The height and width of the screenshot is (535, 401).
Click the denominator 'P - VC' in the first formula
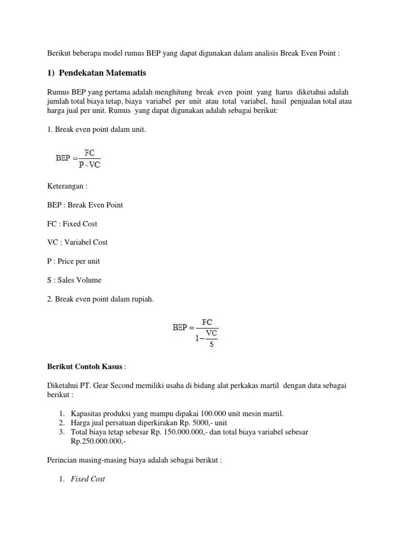coord(89,166)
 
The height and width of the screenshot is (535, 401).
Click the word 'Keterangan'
coord(67,186)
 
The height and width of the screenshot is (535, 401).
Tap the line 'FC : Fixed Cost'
coord(72,224)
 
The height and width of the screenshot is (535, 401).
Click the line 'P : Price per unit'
coord(73,261)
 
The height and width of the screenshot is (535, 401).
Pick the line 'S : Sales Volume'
coord(74,280)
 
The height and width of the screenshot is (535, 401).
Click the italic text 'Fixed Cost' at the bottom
coord(88,479)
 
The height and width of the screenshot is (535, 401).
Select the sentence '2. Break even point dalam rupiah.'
coord(100,299)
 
